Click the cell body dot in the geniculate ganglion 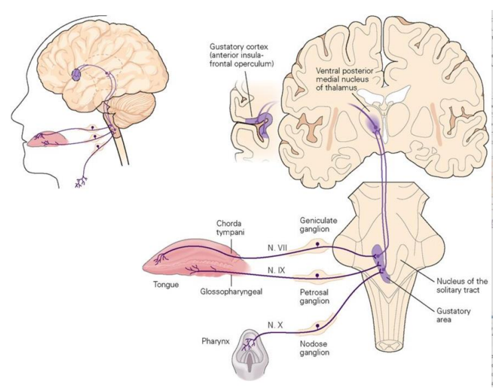click(317, 244)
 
